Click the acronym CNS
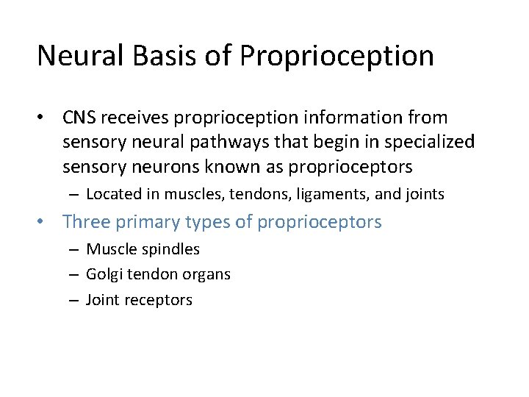tap(79, 118)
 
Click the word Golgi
tap(105, 275)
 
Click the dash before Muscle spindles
tap(75, 250)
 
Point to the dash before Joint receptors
tap(75, 300)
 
